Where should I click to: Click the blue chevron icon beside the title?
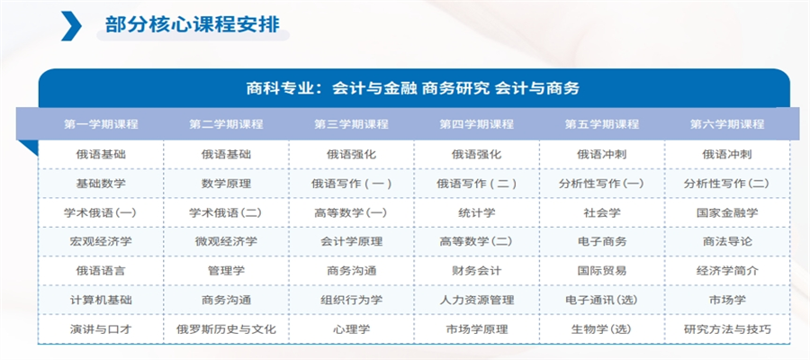pyautogui.click(x=71, y=26)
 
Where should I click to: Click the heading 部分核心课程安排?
pyautogui.click(x=193, y=23)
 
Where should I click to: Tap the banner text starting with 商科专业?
pyautogui.click(x=413, y=88)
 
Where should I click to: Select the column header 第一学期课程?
pyautogui.click(x=101, y=124)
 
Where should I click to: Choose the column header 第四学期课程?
pyautogui.click(x=476, y=124)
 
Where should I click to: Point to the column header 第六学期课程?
pyautogui.click(x=727, y=124)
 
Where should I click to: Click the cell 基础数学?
pyautogui.click(x=101, y=184)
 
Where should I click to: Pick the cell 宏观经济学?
pyautogui.click(x=101, y=241)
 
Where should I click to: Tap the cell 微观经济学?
pyautogui.click(x=226, y=241)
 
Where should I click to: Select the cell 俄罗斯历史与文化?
pyautogui.click(x=226, y=329)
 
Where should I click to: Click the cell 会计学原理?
pyautogui.click(x=351, y=241)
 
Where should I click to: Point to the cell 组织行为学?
pyautogui.click(x=351, y=300)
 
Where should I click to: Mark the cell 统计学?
pyautogui.click(x=476, y=212)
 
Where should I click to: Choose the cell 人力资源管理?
pyautogui.click(x=476, y=300)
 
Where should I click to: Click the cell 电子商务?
pyautogui.click(x=602, y=241)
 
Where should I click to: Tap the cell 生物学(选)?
pyautogui.click(x=602, y=329)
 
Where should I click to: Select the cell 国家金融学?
pyautogui.click(x=727, y=212)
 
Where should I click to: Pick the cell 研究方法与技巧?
pyautogui.click(x=727, y=329)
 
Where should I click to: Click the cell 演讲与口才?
pyautogui.click(x=101, y=329)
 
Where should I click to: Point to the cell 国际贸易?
pyautogui.click(x=602, y=271)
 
